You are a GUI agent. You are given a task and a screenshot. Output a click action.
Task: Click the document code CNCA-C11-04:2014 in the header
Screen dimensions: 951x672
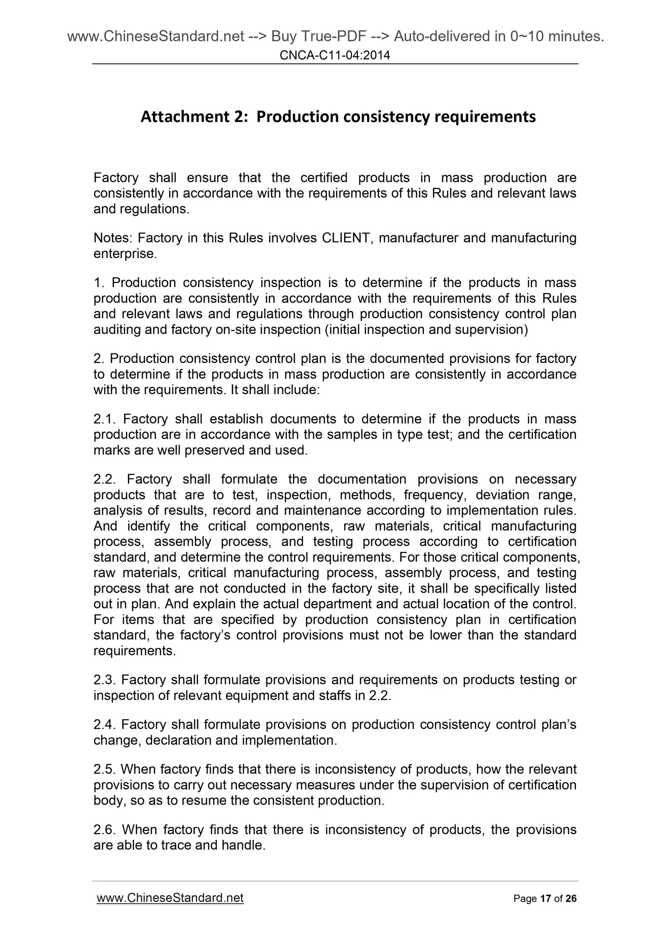[x=335, y=56]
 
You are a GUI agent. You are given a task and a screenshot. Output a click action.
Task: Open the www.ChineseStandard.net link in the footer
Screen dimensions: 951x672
[x=170, y=898]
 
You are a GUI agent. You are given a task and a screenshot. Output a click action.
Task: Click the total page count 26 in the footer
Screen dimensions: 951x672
[x=571, y=899]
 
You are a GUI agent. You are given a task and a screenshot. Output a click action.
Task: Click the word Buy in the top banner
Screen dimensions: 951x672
[x=284, y=36]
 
